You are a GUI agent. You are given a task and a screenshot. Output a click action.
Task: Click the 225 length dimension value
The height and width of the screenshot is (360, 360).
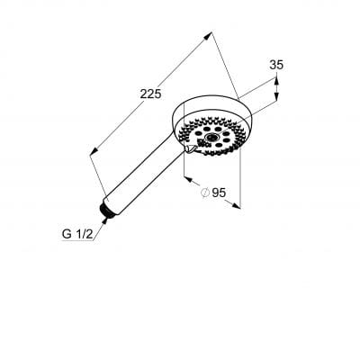150,94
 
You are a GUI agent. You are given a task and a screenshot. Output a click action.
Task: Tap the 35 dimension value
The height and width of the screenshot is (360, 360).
276,65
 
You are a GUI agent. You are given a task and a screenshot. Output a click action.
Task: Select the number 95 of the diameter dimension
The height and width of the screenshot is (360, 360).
219,193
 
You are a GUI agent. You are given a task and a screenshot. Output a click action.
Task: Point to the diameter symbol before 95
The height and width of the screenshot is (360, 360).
205,193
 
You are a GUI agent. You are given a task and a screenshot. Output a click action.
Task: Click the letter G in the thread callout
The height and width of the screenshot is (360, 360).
67,234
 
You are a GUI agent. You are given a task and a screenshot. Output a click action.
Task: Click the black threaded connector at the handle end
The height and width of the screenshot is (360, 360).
106,211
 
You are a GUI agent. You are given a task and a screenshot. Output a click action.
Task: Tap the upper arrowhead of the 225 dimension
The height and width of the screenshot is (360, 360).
208,35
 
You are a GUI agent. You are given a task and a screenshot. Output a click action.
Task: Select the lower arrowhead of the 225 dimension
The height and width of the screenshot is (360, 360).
94,151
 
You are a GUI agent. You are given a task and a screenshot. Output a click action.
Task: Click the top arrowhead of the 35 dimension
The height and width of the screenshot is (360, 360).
276,81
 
